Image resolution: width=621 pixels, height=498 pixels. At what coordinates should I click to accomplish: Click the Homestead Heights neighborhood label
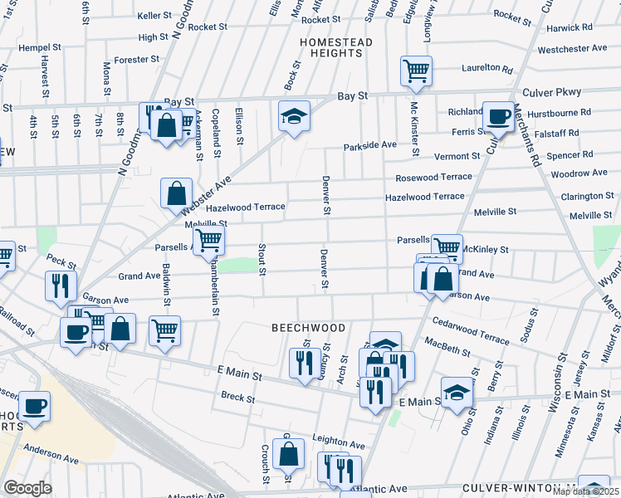click(331, 46)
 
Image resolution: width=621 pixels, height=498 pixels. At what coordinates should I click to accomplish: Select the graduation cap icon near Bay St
click(293, 116)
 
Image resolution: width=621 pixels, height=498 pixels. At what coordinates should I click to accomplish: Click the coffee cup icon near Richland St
click(498, 116)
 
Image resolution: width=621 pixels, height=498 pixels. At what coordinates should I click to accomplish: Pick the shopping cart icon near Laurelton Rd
click(416, 71)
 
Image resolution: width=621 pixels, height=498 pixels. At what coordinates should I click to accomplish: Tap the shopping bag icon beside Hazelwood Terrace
click(176, 193)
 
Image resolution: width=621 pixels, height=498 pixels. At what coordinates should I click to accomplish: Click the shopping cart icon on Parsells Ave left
click(208, 240)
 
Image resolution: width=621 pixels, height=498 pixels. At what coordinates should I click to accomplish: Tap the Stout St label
click(262, 259)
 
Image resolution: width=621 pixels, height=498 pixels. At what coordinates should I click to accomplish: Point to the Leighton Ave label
click(339, 443)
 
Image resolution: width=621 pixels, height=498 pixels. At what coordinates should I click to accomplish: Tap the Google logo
click(27, 488)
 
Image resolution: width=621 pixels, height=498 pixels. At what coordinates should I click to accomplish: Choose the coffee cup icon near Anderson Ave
click(35, 407)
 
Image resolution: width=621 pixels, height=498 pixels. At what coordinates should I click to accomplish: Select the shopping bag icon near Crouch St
click(288, 453)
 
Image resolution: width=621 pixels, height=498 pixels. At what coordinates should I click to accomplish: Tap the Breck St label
click(238, 398)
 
